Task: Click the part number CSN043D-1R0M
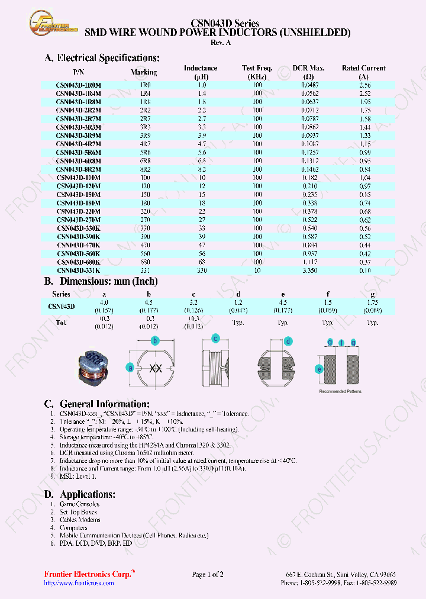pos(79,85)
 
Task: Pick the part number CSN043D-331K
pos(79,270)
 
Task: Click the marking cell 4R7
pos(144,144)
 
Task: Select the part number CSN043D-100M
pos(79,178)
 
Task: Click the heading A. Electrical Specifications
pos(102,58)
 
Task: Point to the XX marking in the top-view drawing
pos(156,368)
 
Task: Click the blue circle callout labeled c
pos(216,339)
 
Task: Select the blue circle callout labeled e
pos(319,369)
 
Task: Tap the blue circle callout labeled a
pos(130,368)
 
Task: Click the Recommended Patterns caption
pos(340,391)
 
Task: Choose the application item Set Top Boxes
pos(78,512)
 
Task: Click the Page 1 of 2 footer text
pos(208,574)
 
